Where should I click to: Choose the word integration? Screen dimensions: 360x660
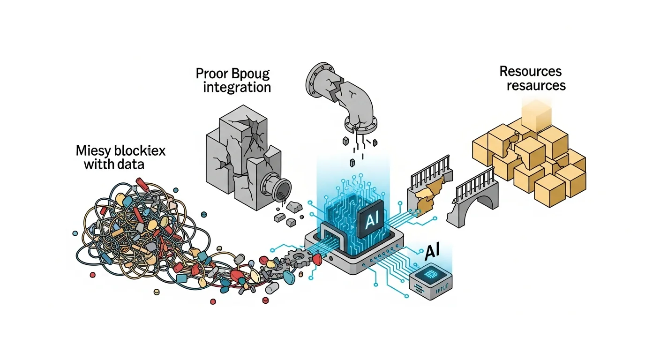tap(237, 88)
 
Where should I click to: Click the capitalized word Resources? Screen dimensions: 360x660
tap(530, 72)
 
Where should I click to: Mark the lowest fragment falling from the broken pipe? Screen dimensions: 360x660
tap(352, 163)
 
